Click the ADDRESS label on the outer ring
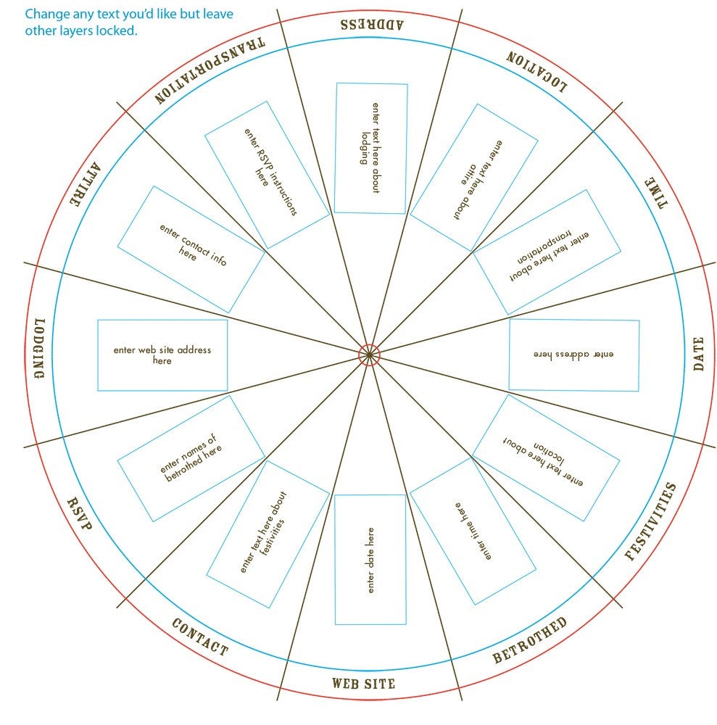click(x=372, y=25)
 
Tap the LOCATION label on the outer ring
click(x=536, y=72)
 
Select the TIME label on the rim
click(x=656, y=193)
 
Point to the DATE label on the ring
click(x=698, y=354)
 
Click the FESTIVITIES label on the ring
click(x=650, y=521)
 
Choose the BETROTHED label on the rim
click(x=530, y=639)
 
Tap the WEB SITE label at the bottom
click(x=363, y=684)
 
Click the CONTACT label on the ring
click(x=200, y=637)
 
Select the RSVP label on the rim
click(x=80, y=513)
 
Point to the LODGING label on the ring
click(x=40, y=348)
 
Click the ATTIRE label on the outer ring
click(x=85, y=184)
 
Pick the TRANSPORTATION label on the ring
click(x=210, y=70)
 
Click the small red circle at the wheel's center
click(x=369, y=355)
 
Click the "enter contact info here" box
click(x=191, y=249)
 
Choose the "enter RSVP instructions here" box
click(x=268, y=175)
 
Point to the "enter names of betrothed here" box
click(x=191, y=459)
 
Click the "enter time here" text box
click(x=473, y=531)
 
